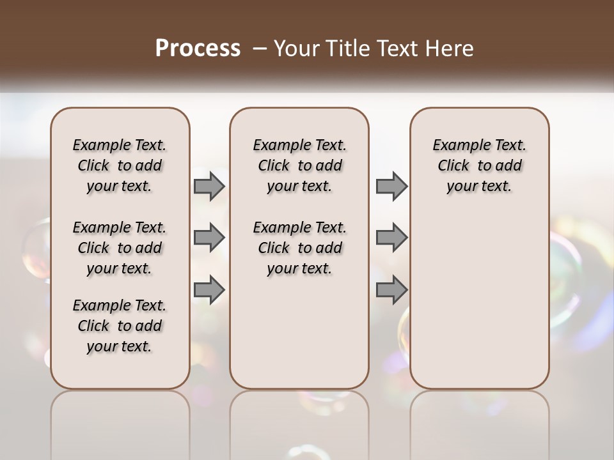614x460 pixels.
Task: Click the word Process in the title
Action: coord(198,48)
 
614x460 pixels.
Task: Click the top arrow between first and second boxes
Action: coord(209,186)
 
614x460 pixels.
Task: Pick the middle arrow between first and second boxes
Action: coord(209,238)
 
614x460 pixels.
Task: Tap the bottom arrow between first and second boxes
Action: coord(209,291)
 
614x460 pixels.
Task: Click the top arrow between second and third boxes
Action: coord(391,186)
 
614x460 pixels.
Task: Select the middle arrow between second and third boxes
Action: coord(391,238)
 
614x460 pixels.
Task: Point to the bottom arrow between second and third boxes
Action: coord(391,291)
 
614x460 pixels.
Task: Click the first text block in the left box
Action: coord(120,165)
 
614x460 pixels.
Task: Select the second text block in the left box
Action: coord(120,248)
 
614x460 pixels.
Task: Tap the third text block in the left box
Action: coord(120,326)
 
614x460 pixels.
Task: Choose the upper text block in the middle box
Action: coord(300,165)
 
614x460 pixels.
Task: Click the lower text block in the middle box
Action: coord(300,248)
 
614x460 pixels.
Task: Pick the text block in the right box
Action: coord(480,165)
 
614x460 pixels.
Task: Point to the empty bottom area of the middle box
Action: coord(299,339)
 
